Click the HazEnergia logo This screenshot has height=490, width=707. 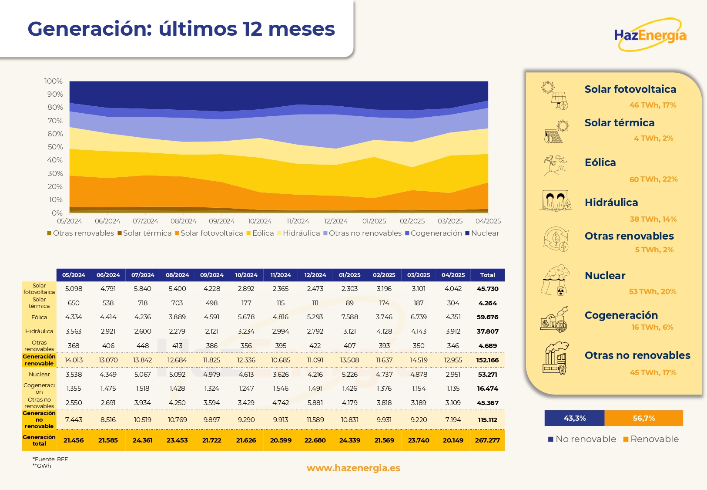pos(650,35)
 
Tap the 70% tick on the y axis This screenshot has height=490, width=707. pos(55,121)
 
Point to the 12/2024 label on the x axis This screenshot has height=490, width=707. pos(336,221)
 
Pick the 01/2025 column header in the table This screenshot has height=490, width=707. pos(350,275)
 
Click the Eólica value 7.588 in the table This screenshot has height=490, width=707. pos(350,317)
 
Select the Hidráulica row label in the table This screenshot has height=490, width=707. pos(39,331)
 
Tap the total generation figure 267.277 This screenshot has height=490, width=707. pos(487,440)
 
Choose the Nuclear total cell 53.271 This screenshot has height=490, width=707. pos(487,375)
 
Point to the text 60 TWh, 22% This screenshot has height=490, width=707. pos(653,179)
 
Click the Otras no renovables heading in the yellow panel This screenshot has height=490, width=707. pos(637,355)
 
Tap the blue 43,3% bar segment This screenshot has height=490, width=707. pos(574,418)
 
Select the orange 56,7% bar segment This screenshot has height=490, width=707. pos(644,418)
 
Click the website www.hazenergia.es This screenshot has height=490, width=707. pos(353,468)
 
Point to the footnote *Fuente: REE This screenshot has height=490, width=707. pos(50,459)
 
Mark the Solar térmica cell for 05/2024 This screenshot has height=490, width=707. pos(74,303)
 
